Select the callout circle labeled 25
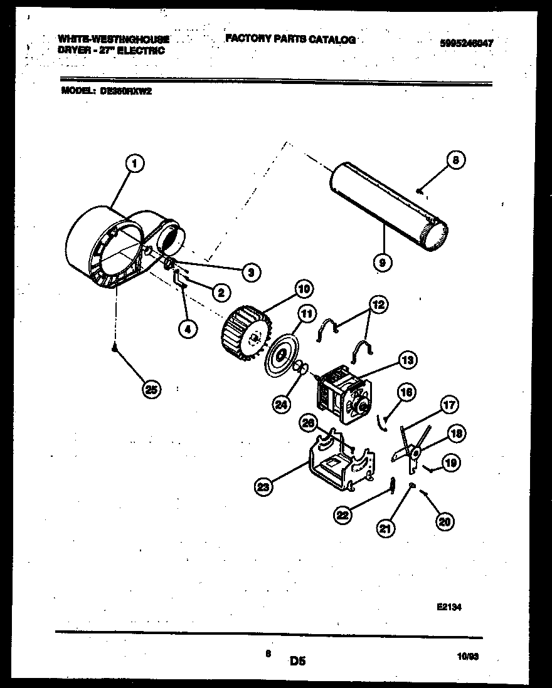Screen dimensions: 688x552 coord(151,389)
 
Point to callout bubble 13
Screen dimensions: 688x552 coord(407,360)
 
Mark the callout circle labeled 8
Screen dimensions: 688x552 coord(456,160)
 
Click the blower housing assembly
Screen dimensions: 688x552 coord(119,248)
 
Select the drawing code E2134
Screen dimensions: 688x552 coord(449,607)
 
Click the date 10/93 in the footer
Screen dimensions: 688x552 coord(468,657)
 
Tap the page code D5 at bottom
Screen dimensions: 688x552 coord(297,660)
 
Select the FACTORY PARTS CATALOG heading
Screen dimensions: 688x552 coord(290,39)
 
